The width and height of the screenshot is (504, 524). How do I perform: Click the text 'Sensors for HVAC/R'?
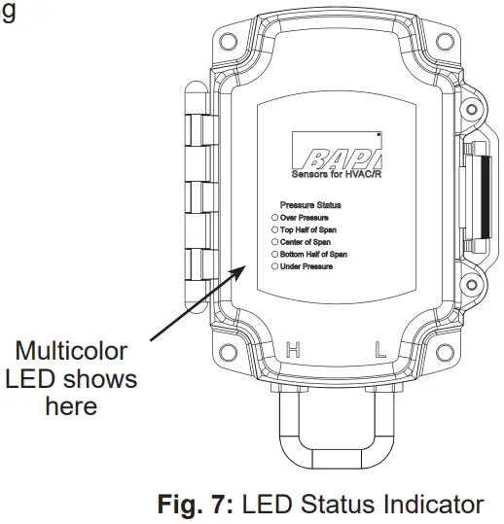(337, 175)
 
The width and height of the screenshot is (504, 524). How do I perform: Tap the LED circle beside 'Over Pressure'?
(275, 218)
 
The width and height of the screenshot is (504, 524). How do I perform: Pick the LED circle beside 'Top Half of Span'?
(275, 229)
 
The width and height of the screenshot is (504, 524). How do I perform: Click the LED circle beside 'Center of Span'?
(275, 241)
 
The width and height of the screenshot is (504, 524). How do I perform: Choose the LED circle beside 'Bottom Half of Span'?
(275, 254)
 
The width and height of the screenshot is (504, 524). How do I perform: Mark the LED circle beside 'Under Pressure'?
(275, 265)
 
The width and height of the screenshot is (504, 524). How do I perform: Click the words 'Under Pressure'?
(306, 265)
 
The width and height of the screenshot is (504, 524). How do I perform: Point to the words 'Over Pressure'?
(305, 218)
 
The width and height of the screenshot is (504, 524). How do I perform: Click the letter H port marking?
(291, 351)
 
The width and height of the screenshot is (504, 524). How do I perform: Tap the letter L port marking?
(381, 351)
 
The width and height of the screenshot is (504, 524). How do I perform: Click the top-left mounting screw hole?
(230, 43)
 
